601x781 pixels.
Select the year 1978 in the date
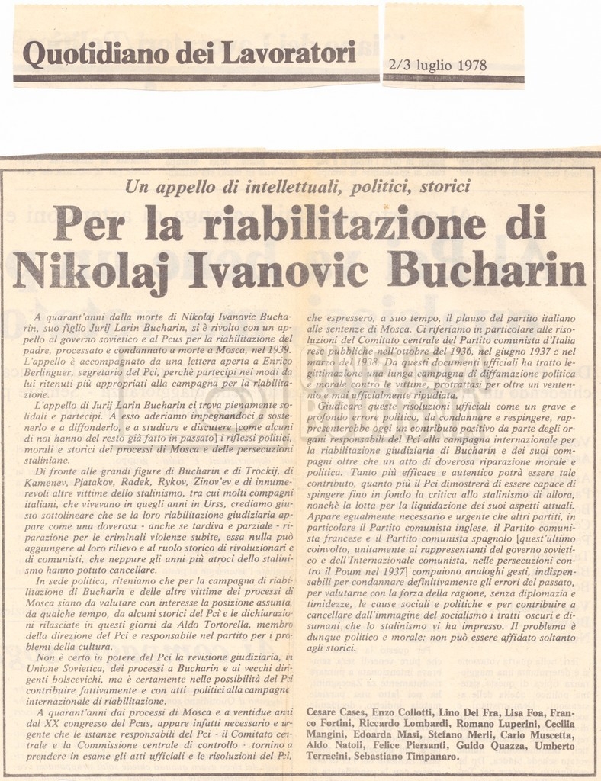[x=472, y=66]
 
